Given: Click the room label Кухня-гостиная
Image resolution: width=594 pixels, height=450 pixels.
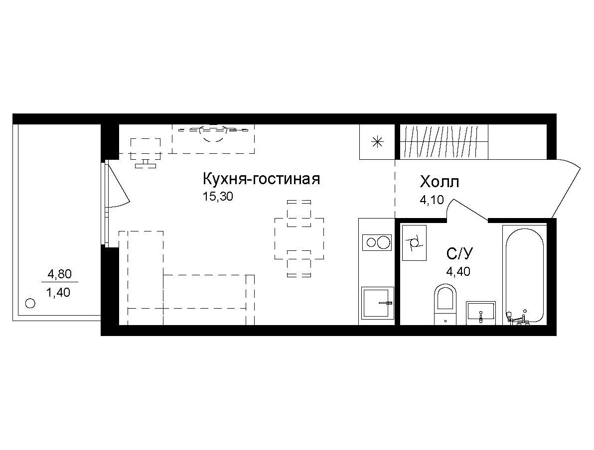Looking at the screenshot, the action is point(262,179).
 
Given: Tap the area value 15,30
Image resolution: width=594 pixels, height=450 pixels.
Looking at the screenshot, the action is point(218,197).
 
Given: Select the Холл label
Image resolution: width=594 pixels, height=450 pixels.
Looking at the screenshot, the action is point(440,182).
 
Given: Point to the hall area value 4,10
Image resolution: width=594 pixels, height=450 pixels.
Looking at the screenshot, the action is point(432,200).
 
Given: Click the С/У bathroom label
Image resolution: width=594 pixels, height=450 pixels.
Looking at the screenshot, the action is point(459,253).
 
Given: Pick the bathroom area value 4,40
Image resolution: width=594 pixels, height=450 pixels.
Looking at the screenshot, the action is point(458,271).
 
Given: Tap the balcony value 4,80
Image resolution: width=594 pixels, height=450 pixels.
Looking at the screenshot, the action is point(59,274).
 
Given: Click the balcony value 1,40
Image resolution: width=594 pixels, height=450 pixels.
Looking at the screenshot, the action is point(58,292).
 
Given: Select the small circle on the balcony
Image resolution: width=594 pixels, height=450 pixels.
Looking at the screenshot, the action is point(30,303).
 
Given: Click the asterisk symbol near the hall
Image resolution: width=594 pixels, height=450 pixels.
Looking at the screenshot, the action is point(377,142).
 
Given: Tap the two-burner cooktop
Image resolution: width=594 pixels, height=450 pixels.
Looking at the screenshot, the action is point(377,242).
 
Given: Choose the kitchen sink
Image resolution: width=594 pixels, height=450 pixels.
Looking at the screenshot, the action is point(378,302).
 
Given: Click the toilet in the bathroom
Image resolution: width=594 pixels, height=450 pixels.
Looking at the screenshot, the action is point(445,304).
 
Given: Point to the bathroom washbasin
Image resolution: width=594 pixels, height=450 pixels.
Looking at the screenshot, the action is point(481,313).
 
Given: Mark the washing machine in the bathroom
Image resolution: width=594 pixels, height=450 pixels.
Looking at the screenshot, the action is point(414,242).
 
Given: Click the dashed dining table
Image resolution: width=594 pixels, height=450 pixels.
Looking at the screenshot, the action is point(299,238).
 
